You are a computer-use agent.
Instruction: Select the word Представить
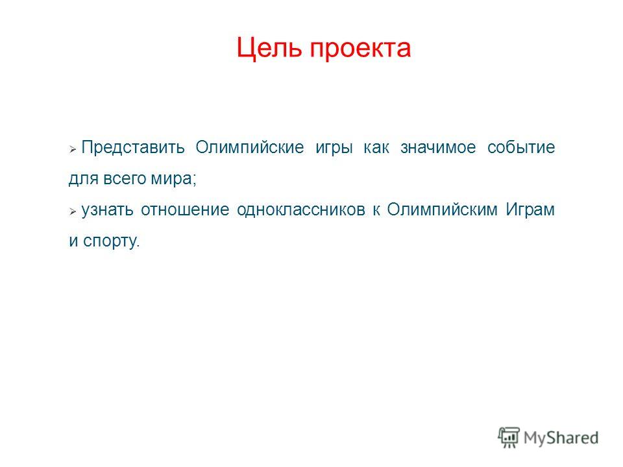tap(133, 148)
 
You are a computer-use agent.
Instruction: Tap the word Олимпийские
tap(249, 148)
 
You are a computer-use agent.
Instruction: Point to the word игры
tap(334, 149)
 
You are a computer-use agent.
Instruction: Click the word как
tap(376, 148)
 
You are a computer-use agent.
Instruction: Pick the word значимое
tap(438, 148)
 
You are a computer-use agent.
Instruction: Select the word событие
tap(521, 148)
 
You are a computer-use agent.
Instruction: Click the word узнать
tap(107, 210)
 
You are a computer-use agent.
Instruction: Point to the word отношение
tap(185, 210)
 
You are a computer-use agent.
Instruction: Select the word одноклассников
tap(301, 210)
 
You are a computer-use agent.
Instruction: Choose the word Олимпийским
tap(442, 210)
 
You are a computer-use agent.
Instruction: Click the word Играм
tap(530, 210)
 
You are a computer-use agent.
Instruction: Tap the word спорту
tap(111, 241)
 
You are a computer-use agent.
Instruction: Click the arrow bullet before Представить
tap(73, 150)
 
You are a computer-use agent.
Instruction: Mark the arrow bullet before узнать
tap(73, 211)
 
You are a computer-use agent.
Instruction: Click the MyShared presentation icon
tap(509, 438)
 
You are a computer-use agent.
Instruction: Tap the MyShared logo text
tap(561, 438)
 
